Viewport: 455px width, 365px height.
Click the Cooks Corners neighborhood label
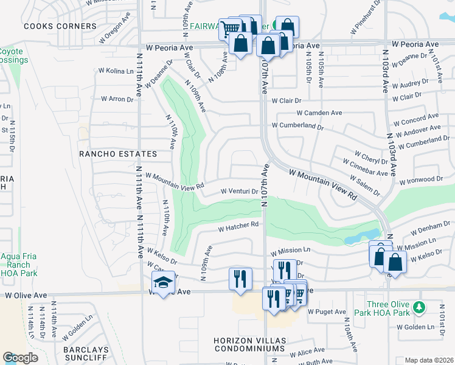[60, 26]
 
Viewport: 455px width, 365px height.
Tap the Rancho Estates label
[118, 154]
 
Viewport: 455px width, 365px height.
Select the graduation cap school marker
[163, 282]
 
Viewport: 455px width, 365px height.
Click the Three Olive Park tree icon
[419, 305]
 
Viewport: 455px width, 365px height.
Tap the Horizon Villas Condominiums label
[249, 344]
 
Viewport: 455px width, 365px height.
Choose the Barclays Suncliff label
[89, 355]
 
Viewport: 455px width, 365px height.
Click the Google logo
[20, 358]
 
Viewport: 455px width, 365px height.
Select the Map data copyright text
[429, 360]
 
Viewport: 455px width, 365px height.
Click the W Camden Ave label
[319, 113]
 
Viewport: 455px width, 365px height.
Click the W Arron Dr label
[117, 99]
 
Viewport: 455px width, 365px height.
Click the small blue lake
[364, 237]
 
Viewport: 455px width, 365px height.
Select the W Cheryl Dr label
[370, 157]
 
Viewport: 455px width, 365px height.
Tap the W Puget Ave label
[326, 312]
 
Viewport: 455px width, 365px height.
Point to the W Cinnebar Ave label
[365, 169]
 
